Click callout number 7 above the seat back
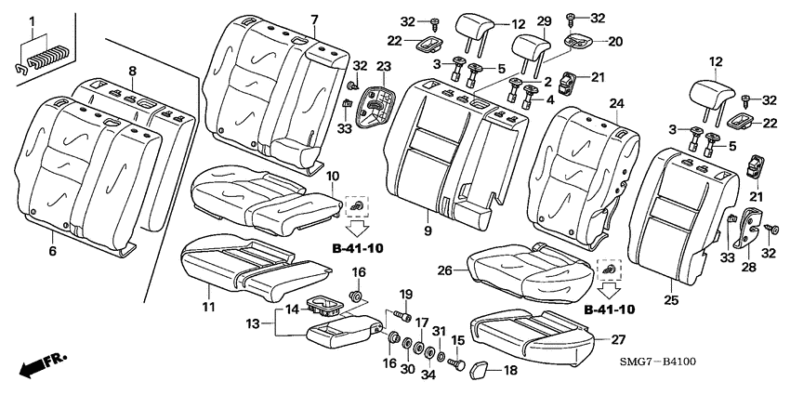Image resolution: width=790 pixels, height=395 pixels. (x=314, y=20)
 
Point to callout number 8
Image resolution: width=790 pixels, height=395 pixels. (x=132, y=71)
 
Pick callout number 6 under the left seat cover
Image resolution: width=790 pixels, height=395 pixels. (x=53, y=251)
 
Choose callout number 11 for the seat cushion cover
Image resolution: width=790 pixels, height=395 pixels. (x=208, y=307)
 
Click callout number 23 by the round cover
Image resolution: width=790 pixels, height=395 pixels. (x=382, y=66)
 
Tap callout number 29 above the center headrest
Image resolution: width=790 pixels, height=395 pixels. (x=544, y=20)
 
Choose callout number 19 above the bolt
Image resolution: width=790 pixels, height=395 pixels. (x=406, y=295)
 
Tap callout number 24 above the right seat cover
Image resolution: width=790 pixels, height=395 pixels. (x=616, y=102)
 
